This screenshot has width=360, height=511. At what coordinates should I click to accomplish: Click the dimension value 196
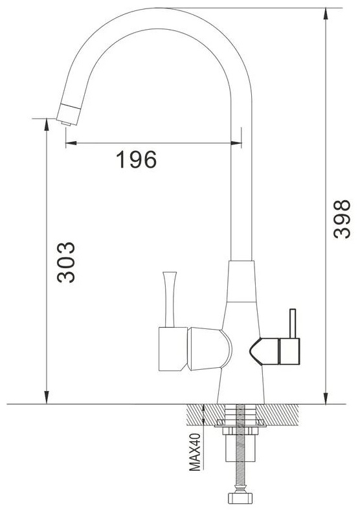pyautogui.click(x=136, y=159)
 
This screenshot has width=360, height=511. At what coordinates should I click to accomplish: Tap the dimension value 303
pyautogui.click(x=66, y=262)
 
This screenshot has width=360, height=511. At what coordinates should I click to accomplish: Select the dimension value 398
pyautogui.click(x=342, y=219)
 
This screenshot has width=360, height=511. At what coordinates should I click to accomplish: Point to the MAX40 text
pyautogui.click(x=195, y=452)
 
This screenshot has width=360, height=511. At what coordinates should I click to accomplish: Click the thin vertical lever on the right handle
pyautogui.click(x=293, y=323)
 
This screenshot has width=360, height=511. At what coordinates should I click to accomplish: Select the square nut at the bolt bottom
pyautogui.click(x=240, y=498)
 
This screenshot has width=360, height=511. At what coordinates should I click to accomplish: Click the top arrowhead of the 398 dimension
pyautogui.click(x=326, y=14)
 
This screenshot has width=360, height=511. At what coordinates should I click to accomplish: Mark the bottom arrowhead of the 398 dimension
pyautogui.click(x=326, y=398)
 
